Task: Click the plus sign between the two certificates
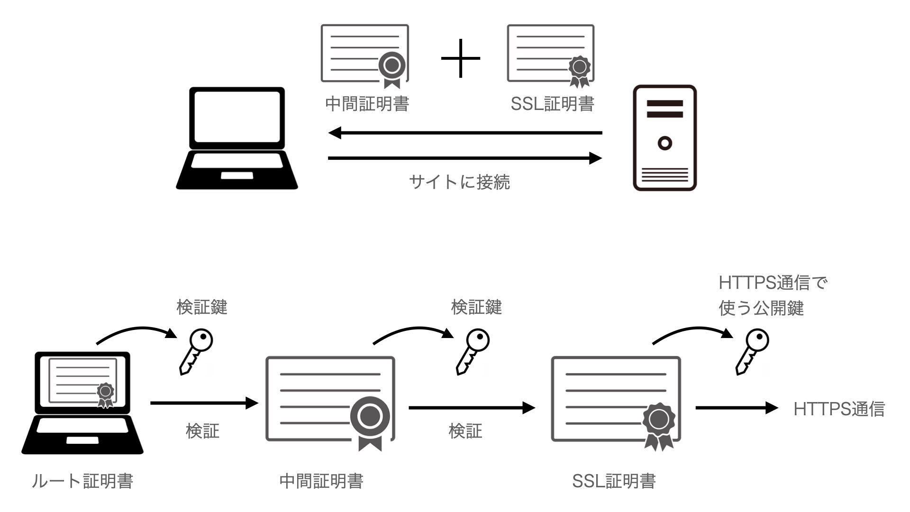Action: (x=460, y=58)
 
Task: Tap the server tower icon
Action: (x=664, y=138)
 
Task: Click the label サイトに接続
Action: (x=459, y=182)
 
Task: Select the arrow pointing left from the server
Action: (x=464, y=133)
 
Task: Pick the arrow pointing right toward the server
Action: (x=464, y=158)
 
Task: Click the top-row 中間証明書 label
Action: (x=367, y=104)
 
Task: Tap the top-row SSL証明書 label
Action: (x=552, y=104)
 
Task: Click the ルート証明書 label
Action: (x=82, y=481)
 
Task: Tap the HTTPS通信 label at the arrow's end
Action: (x=839, y=409)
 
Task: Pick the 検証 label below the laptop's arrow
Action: (x=202, y=431)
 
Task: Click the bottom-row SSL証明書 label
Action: (x=614, y=481)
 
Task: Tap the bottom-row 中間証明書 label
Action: (x=321, y=481)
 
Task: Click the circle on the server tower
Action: (x=665, y=143)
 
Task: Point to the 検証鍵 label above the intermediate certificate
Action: (x=476, y=307)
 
